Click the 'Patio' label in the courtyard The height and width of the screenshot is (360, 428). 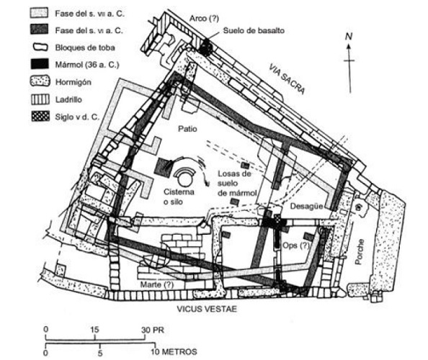[x=187, y=128]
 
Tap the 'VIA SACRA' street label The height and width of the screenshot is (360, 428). [x=287, y=78]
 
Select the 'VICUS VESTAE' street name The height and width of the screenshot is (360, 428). [x=207, y=309]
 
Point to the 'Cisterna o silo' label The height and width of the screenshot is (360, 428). [x=179, y=197]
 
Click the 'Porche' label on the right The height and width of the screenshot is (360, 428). [x=360, y=251]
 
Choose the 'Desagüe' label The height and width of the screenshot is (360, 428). [x=306, y=207]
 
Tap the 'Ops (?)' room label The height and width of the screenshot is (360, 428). [x=296, y=246]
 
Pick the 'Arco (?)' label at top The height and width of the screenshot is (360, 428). [x=204, y=18]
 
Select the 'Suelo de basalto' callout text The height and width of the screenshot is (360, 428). [x=254, y=30]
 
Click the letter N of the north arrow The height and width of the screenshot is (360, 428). [x=349, y=36]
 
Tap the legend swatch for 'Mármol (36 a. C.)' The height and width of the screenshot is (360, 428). [x=40, y=64]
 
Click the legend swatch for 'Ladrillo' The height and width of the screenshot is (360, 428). [x=40, y=99]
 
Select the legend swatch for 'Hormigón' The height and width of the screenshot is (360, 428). [x=40, y=81]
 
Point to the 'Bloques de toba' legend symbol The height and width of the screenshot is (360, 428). [x=40, y=48]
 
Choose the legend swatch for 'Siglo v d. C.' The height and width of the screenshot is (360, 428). [x=40, y=117]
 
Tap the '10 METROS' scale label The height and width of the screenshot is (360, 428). [x=174, y=351]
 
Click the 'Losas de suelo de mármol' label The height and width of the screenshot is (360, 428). [x=237, y=183]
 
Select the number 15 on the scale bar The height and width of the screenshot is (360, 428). [x=94, y=330]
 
